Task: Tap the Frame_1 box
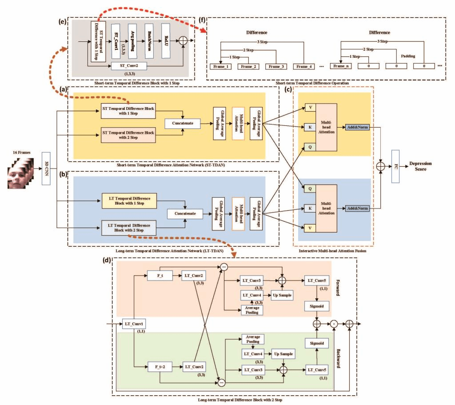pyautogui.click(x=220, y=66)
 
